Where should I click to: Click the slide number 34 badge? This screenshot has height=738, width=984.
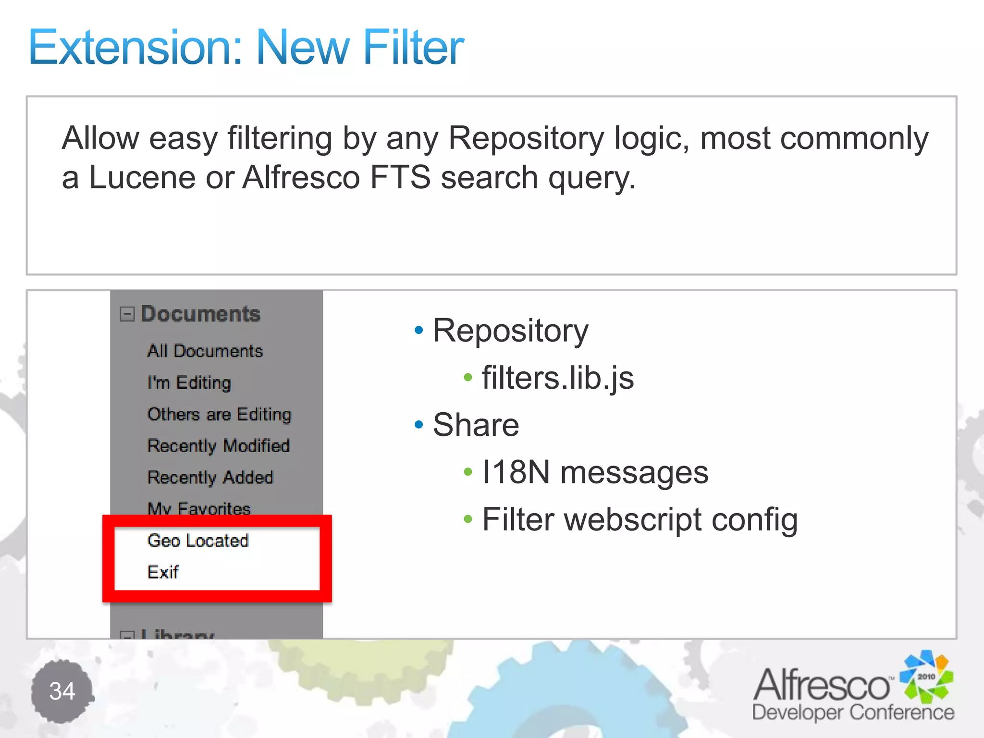(62, 691)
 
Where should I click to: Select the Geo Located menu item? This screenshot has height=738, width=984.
(198, 541)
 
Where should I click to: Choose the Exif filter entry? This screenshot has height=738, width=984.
(163, 572)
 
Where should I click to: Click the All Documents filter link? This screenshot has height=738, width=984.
(205, 351)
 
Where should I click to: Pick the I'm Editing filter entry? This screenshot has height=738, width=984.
(189, 383)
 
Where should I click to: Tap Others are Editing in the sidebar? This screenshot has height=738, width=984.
(220, 414)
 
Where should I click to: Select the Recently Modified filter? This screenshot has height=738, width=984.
(219, 446)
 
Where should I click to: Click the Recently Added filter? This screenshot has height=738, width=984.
(210, 478)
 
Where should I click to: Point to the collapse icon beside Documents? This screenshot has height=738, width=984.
(127, 314)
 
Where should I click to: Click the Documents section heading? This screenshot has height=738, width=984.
(200, 314)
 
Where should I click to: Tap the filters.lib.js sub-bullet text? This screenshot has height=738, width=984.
(558, 378)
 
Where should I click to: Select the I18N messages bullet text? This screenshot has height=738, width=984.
(595, 472)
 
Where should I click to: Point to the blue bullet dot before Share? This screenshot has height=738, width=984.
(419, 425)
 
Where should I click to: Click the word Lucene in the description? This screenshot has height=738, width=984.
(142, 178)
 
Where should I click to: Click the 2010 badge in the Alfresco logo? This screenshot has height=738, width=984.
(926, 676)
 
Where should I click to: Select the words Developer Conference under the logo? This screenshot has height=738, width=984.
(853, 713)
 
